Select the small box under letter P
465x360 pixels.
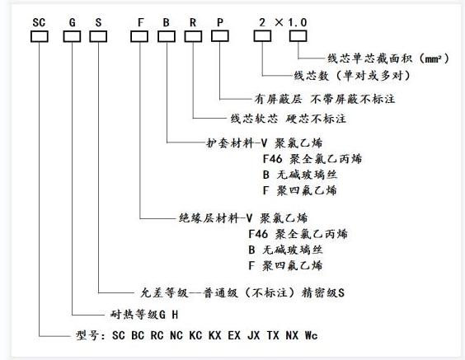click(219, 35)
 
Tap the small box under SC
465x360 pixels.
click(40, 35)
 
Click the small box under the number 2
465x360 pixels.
click(263, 35)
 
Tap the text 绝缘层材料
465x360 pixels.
click(203, 219)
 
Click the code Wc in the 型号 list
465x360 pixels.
click(310, 336)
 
